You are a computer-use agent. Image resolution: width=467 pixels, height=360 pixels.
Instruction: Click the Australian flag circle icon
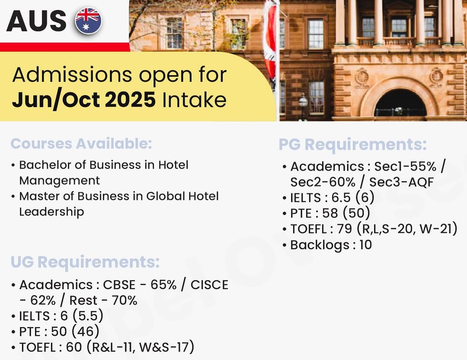(88, 21)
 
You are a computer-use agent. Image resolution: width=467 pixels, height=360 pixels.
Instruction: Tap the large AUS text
(36, 21)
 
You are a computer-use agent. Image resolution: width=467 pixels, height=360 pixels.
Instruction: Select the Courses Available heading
(81, 143)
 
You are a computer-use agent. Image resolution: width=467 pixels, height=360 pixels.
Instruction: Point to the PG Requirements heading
(353, 145)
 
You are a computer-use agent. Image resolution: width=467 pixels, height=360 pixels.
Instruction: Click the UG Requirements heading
(85, 262)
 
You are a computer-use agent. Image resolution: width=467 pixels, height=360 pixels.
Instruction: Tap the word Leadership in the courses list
(51, 212)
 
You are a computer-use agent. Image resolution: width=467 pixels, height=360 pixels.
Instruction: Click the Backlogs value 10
(366, 245)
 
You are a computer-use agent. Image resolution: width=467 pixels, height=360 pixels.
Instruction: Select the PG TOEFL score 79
(345, 229)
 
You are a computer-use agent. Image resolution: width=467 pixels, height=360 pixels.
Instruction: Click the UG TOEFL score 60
(74, 347)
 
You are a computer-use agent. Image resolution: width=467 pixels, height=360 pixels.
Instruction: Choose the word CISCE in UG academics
(209, 285)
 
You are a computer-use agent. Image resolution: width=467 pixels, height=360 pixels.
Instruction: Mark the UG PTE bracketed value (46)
(86, 331)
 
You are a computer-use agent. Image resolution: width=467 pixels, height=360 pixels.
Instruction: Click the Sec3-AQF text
(401, 182)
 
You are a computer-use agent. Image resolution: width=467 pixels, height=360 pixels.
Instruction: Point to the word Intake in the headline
(194, 99)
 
